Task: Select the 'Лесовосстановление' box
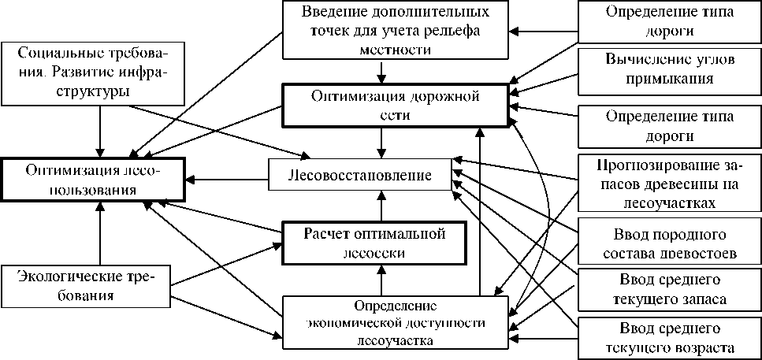tap(362, 176)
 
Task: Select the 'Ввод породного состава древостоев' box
tap(669, 244)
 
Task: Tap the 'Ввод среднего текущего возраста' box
tap(669, 338)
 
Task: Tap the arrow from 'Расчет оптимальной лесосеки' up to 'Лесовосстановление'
tap(381, 209)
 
